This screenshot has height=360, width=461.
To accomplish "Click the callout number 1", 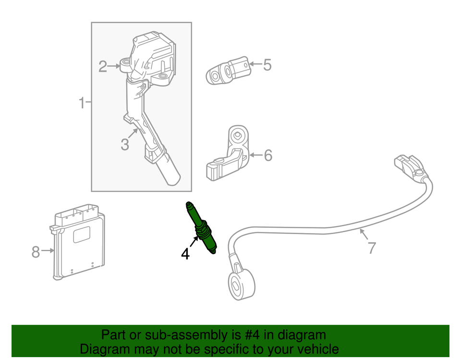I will coord(82,102).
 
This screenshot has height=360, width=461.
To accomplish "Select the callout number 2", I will coord(102,66).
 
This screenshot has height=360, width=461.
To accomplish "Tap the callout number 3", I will coord(125,144).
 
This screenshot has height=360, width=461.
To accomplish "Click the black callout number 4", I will coord(185,253).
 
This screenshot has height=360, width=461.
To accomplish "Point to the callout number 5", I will coord(267,64).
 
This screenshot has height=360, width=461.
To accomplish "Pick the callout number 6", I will coord(267,155).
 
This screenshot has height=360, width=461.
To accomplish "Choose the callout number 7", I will coord(371,248).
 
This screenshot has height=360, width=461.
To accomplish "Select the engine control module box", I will coord(79,243).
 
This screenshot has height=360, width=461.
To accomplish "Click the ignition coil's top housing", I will coord(151,55).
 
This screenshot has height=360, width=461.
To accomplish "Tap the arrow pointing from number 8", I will coord(48,250).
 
